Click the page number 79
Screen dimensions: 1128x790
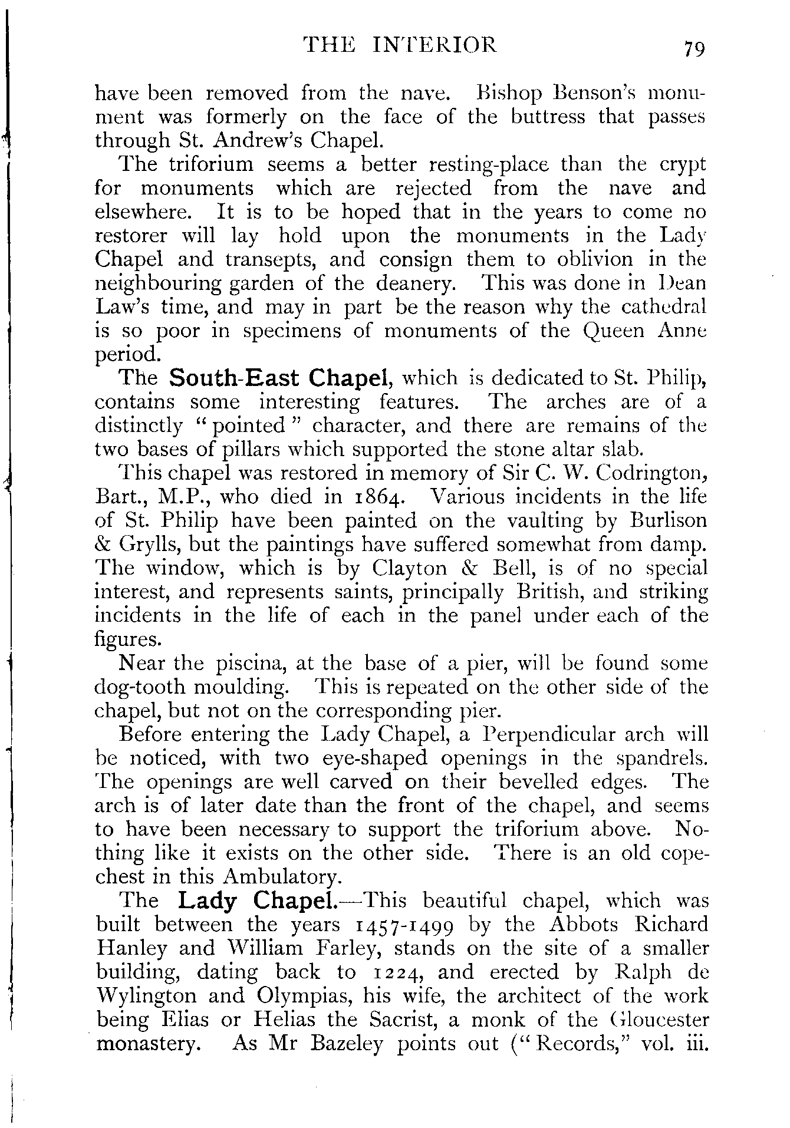(x=693, y=48)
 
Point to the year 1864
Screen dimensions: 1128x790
(x=377, y=497)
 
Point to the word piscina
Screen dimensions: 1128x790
(x=247, y=664)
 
